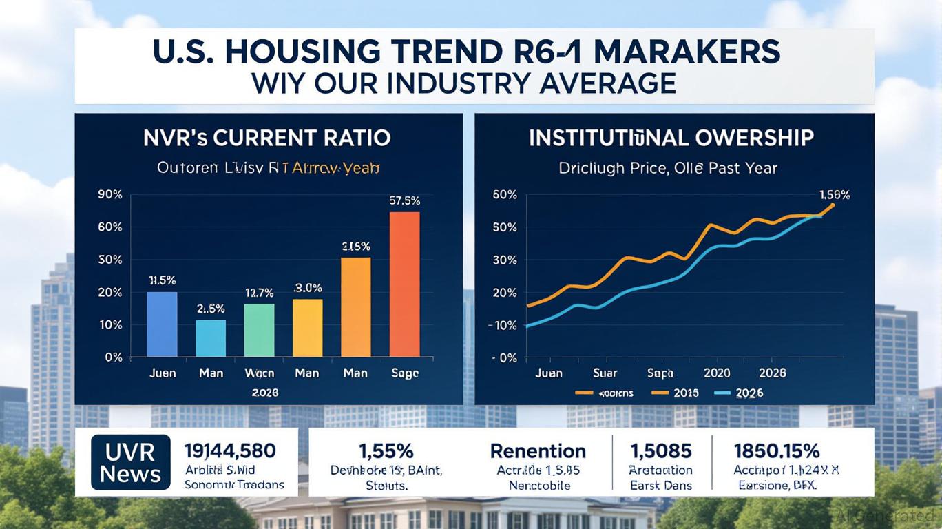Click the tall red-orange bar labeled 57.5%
(x=404, y=284)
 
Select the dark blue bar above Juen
(x=162, y=324)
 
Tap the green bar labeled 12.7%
(x=259, y=330)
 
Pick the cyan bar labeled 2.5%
(x=210, y=338)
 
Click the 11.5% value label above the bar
(x=162, y=280)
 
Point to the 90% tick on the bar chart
(x=111, y=194)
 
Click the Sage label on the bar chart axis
(x=404, y=373)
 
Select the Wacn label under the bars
(x=259, y=373)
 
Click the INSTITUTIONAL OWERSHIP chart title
(x=671, y=138)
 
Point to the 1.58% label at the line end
(x=835, y=195)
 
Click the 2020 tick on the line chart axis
(x=717, y=373)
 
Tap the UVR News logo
(x=130, y=462)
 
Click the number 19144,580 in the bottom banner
(x=230, y=451)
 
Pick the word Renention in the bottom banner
(x=538, y=451)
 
